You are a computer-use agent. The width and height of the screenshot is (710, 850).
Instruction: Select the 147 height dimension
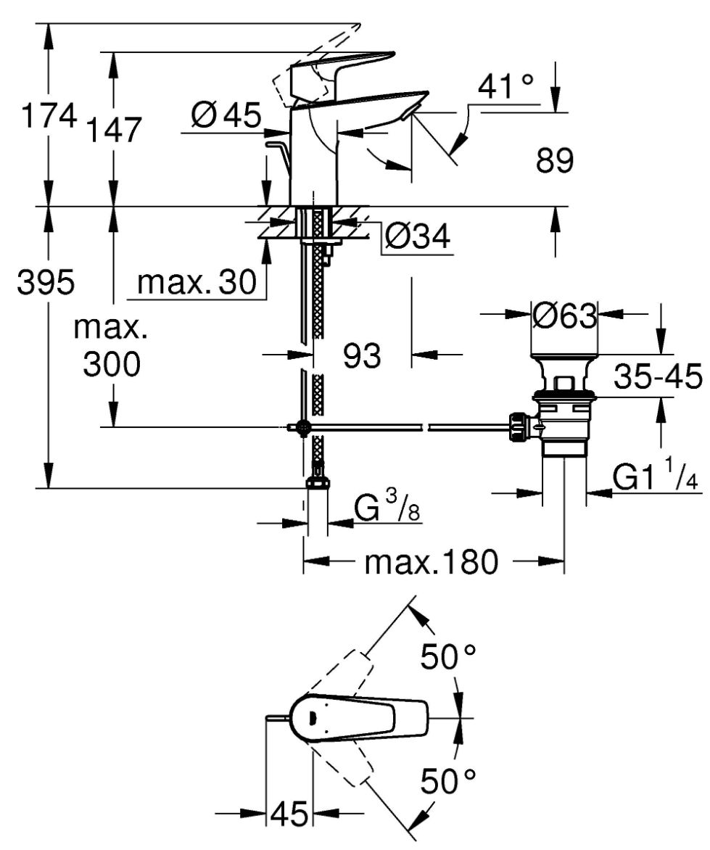pos(115,130)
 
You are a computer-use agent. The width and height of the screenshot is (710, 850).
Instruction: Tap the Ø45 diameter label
pos(226,115)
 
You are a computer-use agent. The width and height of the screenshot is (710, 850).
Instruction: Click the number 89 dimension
pos(555,160)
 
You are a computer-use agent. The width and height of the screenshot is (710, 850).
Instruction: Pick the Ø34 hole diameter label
pos(417,236)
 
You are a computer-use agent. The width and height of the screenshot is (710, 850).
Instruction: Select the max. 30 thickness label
pos(197,282)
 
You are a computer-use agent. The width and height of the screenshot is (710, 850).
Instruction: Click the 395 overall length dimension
pos(46,282)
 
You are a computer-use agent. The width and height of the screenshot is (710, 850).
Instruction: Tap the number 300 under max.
pos(112,364)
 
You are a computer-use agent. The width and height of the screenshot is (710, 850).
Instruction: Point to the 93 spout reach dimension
pos(362,356)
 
